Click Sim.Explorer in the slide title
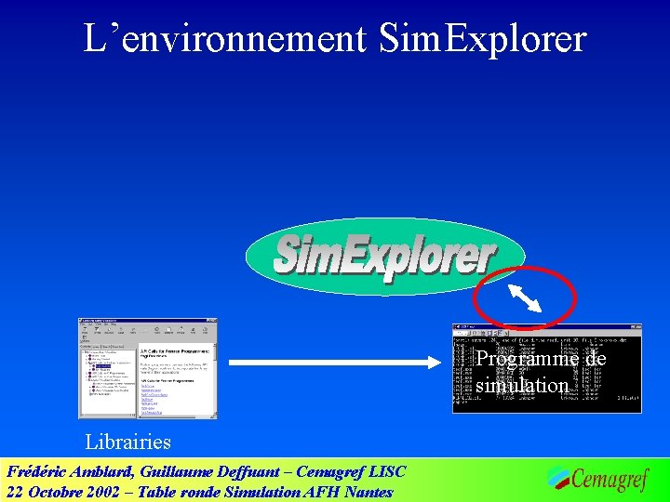(x=483, y=39)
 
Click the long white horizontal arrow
(x=340, y=361)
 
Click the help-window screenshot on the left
(x=147, y=368)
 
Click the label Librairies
(x=127, y=442)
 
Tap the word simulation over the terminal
(x=521, y=385)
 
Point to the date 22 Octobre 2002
(x=64, y=492)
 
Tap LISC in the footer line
(x=387, y=471)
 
